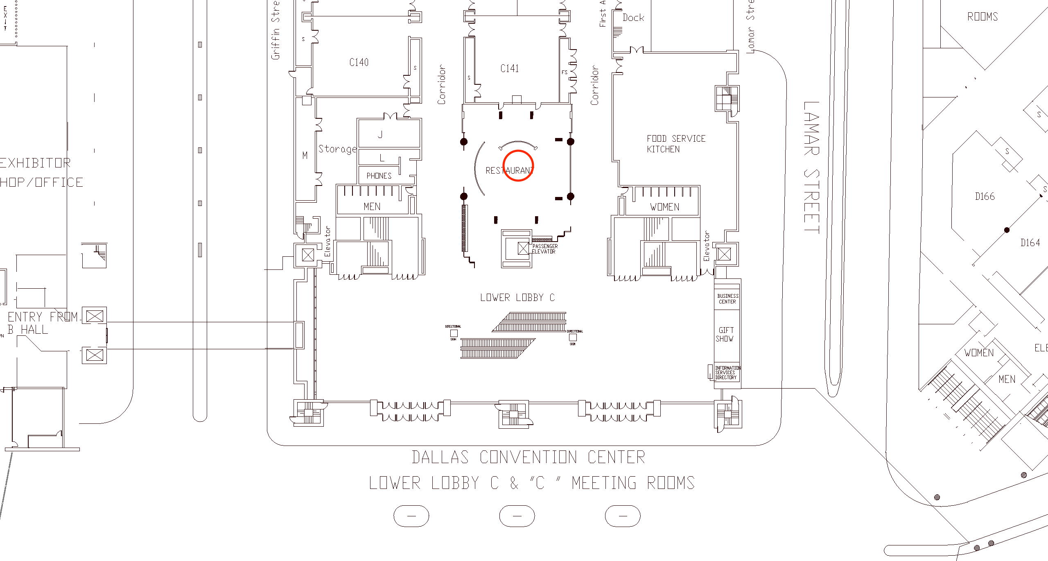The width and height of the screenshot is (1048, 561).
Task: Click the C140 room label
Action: (359, 62)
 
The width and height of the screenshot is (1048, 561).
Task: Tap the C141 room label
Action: (510, 68)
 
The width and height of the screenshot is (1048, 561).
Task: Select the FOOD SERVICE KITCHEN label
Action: (676, 144)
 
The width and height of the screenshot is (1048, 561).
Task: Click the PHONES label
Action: (379, 176)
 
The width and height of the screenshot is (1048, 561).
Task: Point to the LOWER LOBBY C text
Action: (517, 298)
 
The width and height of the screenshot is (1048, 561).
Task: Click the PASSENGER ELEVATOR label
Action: (544, 249)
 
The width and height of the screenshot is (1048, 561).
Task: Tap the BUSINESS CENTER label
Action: (727, 299)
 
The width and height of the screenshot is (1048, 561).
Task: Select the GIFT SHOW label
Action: (725, 335)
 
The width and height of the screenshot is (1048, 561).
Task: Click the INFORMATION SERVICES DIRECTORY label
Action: (727, 373)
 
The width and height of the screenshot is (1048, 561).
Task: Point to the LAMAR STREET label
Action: (811, 168)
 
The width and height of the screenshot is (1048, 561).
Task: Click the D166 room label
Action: (985, 197)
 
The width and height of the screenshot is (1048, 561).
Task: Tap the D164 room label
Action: (1030, 243)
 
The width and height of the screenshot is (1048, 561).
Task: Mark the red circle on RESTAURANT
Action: (518, 165)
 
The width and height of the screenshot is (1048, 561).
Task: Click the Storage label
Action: (337, 149)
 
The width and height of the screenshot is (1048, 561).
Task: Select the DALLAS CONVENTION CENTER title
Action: (529, 457)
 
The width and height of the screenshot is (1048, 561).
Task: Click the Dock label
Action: (633, 18)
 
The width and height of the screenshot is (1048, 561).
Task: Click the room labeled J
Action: (380, 134)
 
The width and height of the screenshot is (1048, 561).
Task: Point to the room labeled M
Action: (305, 155)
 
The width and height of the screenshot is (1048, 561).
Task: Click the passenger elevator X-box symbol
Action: (523, 248)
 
